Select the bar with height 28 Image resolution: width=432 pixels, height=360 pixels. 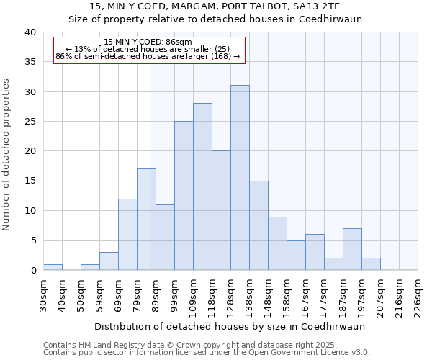point(202,186)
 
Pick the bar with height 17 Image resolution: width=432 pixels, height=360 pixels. point(146,220)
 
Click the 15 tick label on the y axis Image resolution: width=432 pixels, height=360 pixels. point(30,181)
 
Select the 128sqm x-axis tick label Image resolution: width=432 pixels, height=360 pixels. point(230,295)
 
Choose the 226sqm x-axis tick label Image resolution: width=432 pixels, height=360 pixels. point(418,295)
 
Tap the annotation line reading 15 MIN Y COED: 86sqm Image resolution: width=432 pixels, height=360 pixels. point(148,42)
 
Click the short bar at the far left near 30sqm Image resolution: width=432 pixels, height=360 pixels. point(53,267)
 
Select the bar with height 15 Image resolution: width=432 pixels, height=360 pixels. point(258,225)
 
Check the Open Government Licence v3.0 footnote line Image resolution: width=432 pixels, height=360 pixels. point(207,353)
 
